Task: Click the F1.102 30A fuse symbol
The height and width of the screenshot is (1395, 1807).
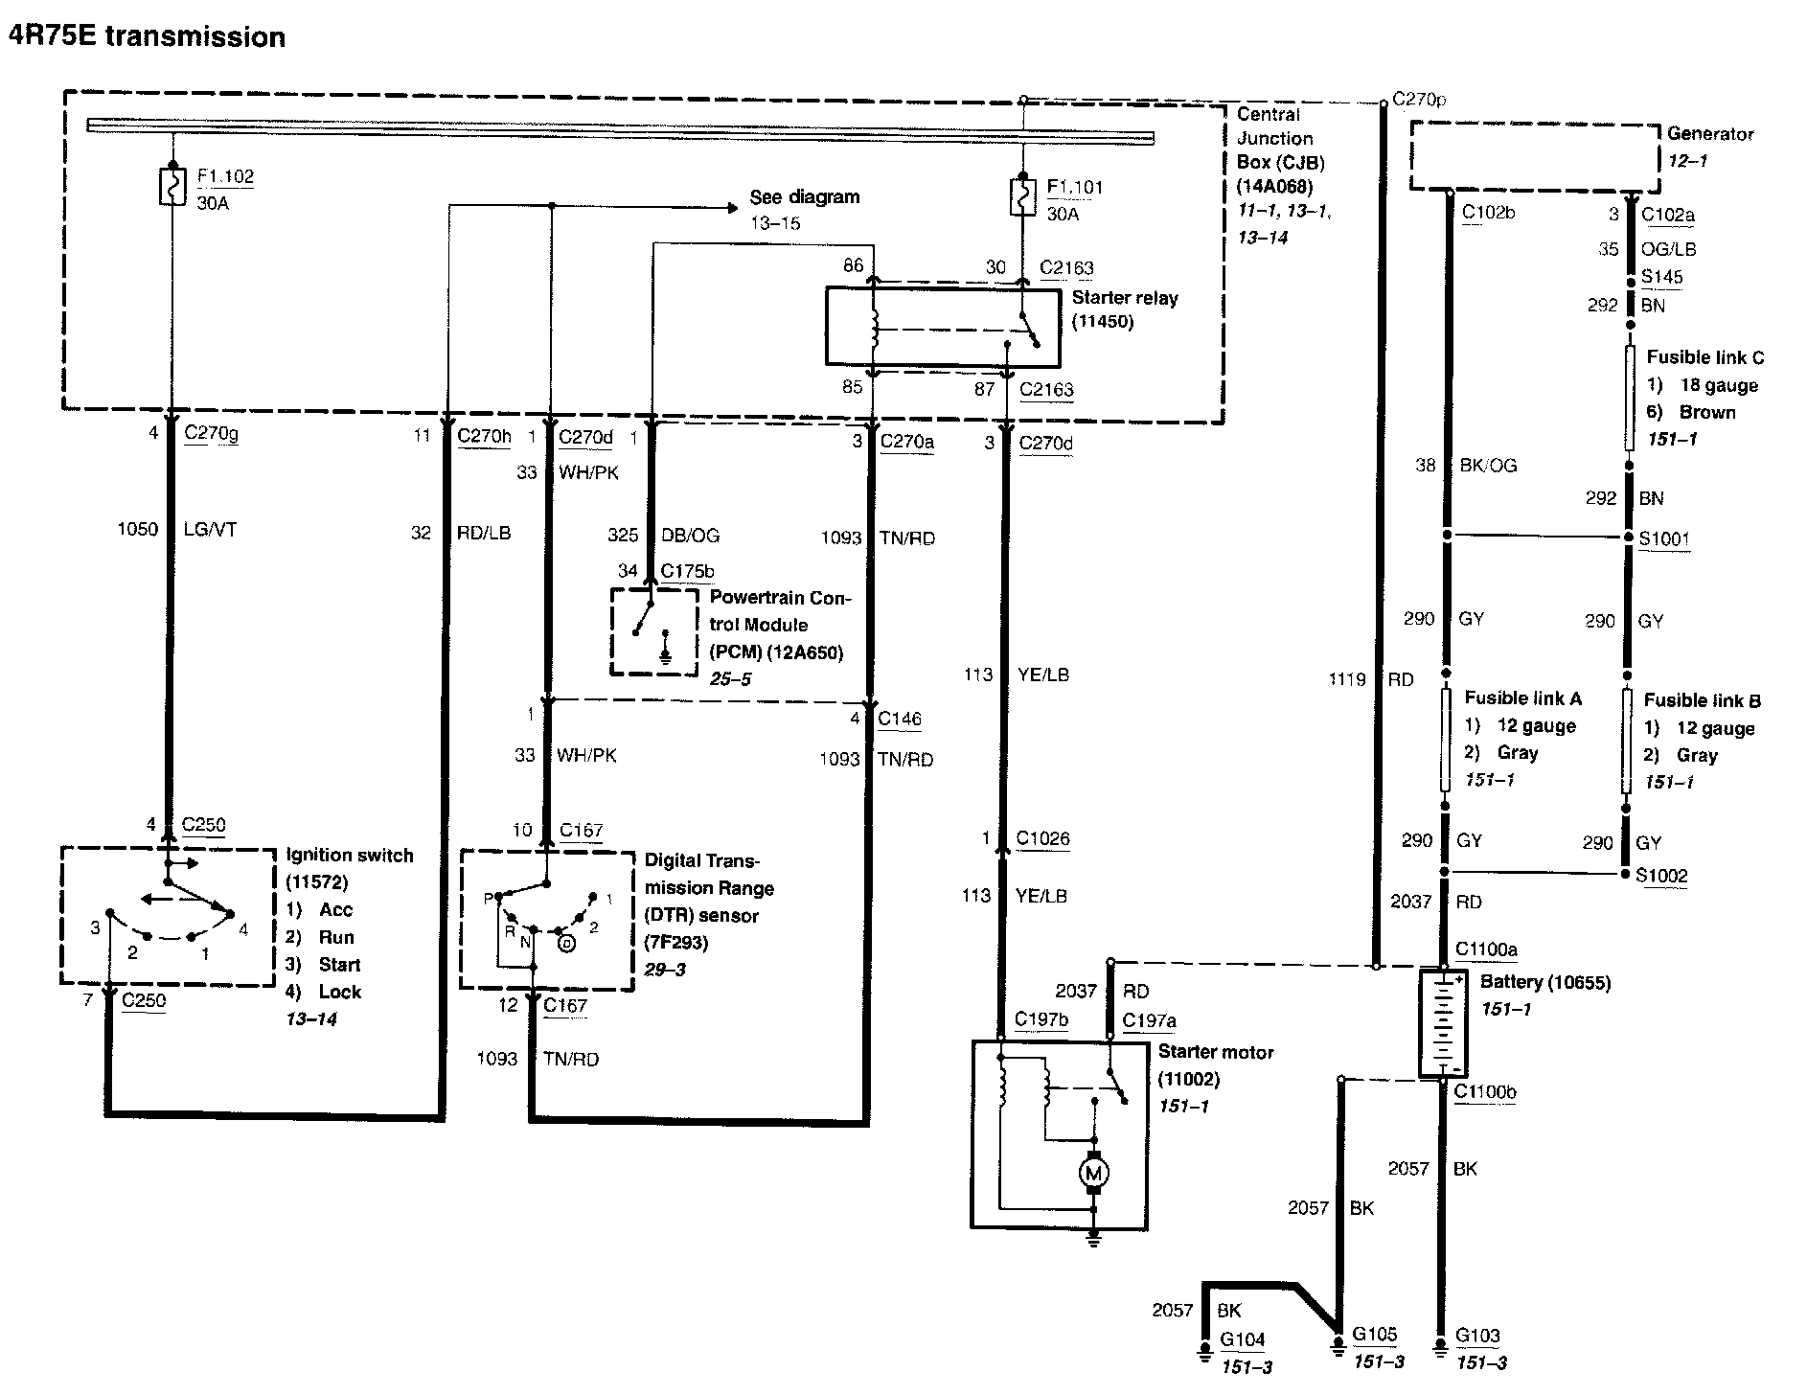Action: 172,186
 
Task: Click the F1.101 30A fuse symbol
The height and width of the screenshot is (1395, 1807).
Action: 1023,196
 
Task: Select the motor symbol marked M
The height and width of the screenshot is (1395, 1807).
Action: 1093,1173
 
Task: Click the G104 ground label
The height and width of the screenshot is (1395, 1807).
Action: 1243,1339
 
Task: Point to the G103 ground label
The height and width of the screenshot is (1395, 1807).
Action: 1477,1336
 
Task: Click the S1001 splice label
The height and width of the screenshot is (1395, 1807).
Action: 1663,538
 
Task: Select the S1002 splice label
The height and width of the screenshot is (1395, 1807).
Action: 1661,875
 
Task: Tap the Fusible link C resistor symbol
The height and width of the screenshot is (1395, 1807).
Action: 1630,398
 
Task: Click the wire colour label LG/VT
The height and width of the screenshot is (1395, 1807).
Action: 210,529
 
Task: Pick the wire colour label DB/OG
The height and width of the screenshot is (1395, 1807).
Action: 690,536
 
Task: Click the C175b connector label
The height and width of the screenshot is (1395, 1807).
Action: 687,572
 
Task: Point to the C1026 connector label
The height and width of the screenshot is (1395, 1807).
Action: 1042,839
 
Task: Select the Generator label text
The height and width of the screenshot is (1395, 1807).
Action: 1710,134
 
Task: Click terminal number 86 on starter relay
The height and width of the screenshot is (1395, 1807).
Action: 853,265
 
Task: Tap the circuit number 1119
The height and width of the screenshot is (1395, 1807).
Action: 1346,679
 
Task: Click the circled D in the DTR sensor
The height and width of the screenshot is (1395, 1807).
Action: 567,943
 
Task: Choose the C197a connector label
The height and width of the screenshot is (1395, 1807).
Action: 1149,1021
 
